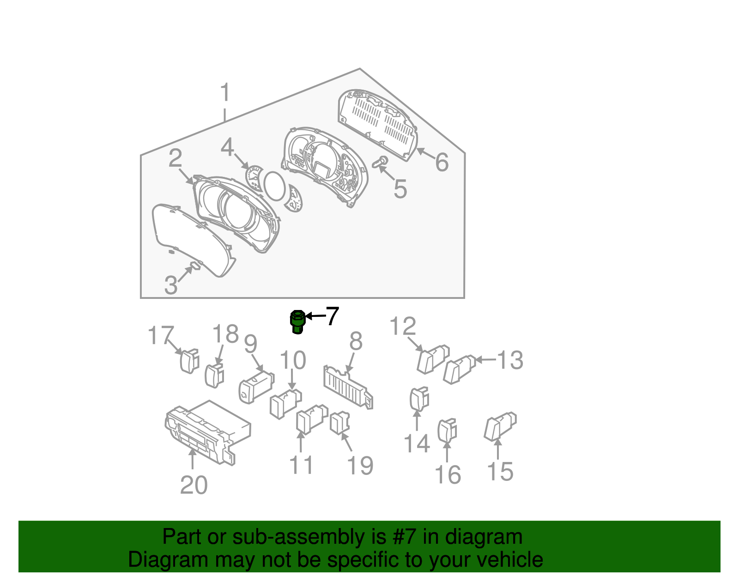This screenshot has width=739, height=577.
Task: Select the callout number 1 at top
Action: click(225, 92)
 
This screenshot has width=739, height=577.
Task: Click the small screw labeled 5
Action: click(382, 162)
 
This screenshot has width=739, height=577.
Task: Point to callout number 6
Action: click(442, 162)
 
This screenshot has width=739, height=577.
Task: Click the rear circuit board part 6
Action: click(378, 122)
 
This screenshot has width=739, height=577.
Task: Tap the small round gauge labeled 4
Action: click(254, 178)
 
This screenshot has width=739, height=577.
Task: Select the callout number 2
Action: click(175, 158)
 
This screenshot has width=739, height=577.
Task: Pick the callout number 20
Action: click(194, 485)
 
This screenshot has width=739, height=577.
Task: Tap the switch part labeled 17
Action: click(189, 361)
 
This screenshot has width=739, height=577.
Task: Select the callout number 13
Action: click(510, 360)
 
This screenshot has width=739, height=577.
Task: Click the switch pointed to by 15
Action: click(500, 426)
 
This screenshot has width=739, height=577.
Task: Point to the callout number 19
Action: click(360, 465)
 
